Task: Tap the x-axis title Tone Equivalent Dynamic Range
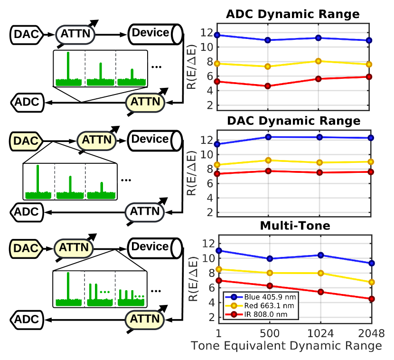pyautogui.click(x=286, y=346)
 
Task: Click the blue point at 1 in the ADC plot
pyautogui.click(x=217, y=35)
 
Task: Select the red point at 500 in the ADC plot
pyautogui.click(x=268, y=86)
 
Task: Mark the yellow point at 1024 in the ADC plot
pyautogui.click(x=319, y=61)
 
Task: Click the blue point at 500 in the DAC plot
pyautogui.click(x=268, y=137)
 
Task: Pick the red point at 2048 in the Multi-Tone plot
pyautogui.click(x=371, y=299)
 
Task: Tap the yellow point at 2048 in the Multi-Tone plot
pyautogui.click(x=371, y=282)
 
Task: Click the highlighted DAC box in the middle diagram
pyautogui.click(x=26, y=141)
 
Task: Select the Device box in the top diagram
pyautogui.click(x=150, y=34)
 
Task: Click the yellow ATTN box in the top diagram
pyautogui.click(x=145, y=102)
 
